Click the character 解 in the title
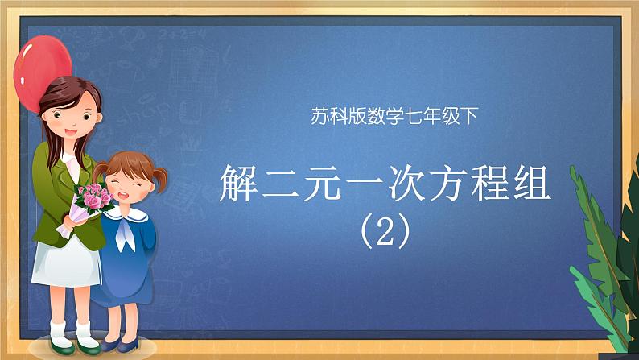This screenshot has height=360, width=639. (239, 183)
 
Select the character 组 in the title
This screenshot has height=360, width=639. (532, 183)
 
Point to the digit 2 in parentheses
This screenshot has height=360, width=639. (385, 234)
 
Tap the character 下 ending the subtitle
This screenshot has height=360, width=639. (469, 116)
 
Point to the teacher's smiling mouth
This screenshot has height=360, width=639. (71, 132)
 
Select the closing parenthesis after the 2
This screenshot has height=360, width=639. (403, 233)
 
